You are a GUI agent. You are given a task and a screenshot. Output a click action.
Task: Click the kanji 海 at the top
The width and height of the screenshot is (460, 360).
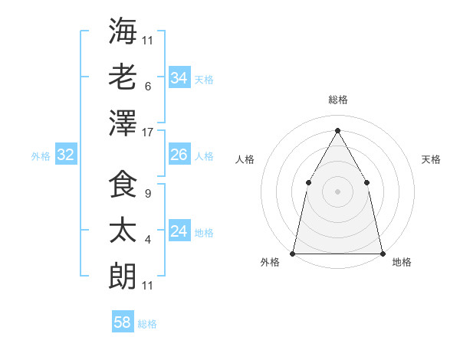click(x=123, y=31)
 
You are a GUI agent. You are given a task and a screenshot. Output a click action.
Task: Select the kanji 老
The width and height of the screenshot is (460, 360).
click(x=123, y=77)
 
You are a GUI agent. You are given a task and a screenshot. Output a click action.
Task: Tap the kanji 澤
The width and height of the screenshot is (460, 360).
click(x=123, y=123)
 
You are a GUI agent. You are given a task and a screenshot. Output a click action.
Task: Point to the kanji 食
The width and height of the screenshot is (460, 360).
click(x=123, y=185)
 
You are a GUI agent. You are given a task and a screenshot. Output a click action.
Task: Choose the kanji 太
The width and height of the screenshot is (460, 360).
click(x=123, y=231)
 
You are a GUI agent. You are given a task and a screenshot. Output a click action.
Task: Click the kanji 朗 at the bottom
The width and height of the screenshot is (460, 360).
click(x=123, y=277)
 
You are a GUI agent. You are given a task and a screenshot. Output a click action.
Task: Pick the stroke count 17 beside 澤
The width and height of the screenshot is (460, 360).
click(x=148, y=132)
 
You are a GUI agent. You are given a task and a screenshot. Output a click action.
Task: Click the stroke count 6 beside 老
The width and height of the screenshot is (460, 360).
click(x=147, y=86)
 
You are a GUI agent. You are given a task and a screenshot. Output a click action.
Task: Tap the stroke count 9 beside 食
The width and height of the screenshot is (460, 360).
click(x=147, y=193)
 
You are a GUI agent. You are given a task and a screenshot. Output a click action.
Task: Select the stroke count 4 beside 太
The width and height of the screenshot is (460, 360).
click(x=147, y=239)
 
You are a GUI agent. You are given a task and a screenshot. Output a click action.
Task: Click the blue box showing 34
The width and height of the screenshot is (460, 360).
click(x=179, y=78)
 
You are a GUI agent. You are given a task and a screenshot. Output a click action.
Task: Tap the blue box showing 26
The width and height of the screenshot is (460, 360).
click(x=179, y=155)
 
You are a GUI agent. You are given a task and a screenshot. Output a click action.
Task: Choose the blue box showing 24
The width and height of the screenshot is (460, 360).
click(x=179, y=231)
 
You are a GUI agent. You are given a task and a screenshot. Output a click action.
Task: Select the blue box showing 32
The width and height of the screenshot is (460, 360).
click(x=65, y=155)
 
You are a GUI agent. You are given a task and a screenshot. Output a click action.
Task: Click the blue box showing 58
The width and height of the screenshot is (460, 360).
click(x=123, y=322)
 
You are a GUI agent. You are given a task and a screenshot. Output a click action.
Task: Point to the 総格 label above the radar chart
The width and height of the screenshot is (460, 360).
click(x=337, y=100)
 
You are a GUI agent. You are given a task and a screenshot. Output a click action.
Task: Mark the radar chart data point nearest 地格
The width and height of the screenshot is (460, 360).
click(x=382, y=253)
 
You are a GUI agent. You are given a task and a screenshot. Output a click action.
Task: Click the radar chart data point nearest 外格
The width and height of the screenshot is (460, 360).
click(x=293, y=253)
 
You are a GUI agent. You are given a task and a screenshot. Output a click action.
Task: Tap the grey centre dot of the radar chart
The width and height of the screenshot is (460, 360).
click(x=337, y=191)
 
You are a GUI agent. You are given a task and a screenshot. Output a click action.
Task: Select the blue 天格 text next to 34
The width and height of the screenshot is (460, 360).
click(x=204, y=79)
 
